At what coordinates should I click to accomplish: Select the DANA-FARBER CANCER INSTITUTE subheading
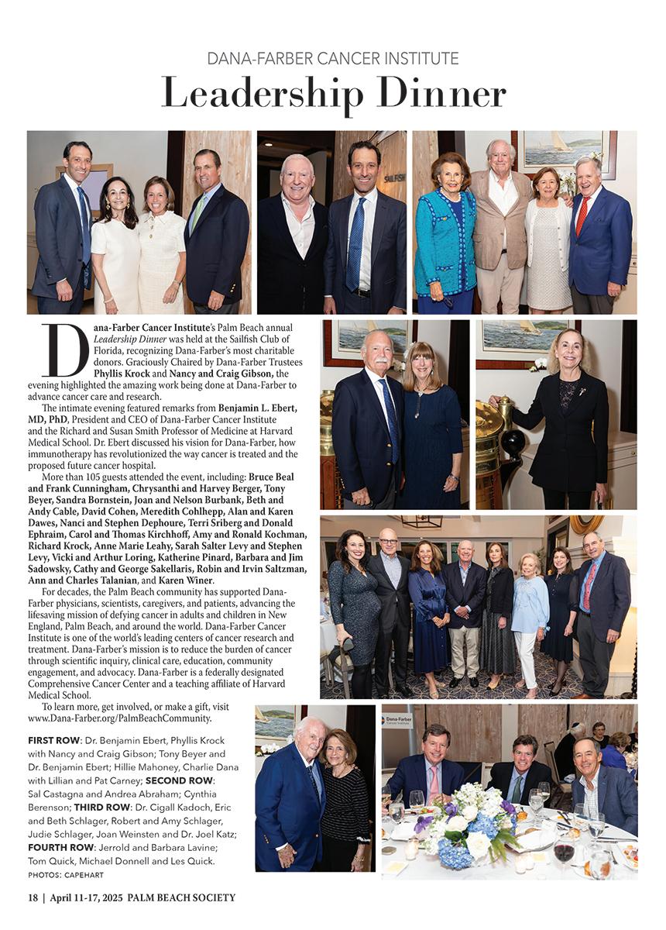(x=333, y=59)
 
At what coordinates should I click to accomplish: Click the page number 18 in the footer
(x=33, y=897)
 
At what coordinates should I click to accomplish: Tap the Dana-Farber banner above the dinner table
(x=397, y=719)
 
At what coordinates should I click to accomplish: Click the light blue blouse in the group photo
(x=530, y=604)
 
